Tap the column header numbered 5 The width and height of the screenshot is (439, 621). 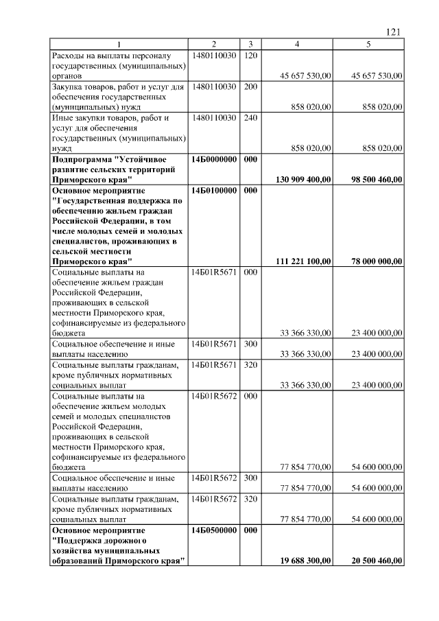(x=368, y=44)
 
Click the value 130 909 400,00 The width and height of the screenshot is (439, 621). (x=304, y=179)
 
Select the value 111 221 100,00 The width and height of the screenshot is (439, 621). (x=304, y=261)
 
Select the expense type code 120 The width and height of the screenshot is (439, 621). (x=250, y=54)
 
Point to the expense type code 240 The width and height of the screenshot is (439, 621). (x=250, y=118)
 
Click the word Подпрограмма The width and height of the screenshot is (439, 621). (x=81, y=159)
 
